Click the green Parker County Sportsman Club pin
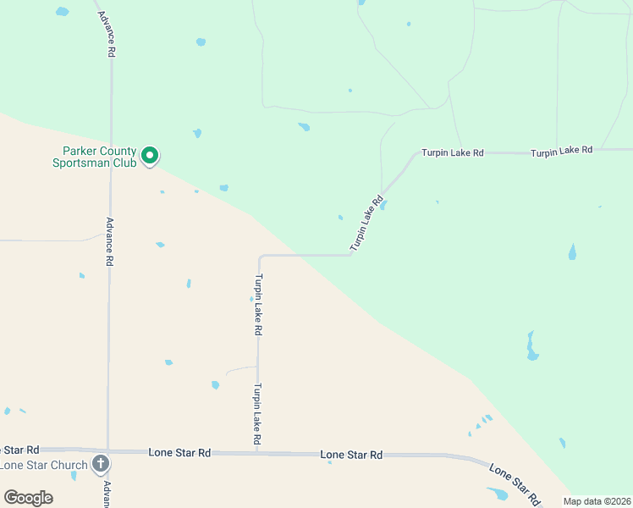150,155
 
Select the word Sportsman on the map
80,163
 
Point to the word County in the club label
118,151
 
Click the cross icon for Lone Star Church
101,463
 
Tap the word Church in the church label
69,465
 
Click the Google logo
28,498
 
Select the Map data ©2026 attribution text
597,501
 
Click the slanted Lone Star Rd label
515,484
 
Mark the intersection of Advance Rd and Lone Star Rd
107,450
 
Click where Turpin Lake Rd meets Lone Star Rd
256,452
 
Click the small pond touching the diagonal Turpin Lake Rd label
383,204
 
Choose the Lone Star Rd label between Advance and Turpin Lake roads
179,453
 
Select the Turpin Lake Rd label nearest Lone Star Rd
256,415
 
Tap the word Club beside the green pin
123,163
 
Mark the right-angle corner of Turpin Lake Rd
260,256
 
